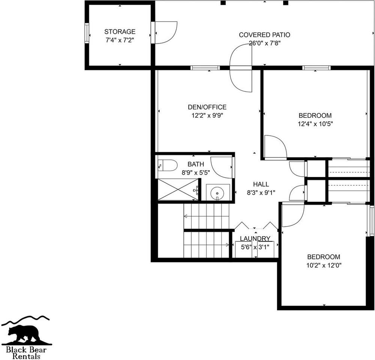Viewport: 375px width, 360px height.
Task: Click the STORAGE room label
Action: tap(120, 32)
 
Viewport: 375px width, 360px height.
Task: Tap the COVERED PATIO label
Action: tap(264, 35)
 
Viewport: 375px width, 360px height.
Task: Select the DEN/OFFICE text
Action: tap(207, 107)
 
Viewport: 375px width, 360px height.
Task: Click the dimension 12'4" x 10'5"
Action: tap(315, 123)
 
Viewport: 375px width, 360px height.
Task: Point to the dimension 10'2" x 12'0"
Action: tap(324, 265)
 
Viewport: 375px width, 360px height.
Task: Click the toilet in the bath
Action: tap(168, 165)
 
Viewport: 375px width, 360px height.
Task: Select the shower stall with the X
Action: tap(177, 190)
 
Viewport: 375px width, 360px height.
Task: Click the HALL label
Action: tap(261, 184)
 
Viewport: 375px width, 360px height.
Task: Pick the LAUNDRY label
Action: tap(255, 238)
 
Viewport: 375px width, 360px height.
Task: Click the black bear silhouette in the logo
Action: tap(24, 334)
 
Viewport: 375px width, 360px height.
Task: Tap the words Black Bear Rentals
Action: tap(26, 352)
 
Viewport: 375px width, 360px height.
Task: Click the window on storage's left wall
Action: tap(87, 33)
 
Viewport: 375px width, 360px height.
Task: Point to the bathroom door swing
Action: tap(222, 167)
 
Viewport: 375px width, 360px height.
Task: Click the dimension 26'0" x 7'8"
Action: tap(264, 43)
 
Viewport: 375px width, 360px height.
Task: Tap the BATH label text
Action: tap(196, 164)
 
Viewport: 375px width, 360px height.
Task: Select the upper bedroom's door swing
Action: tap(274, 147)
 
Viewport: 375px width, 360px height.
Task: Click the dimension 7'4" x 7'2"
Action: tap(120, 40)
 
